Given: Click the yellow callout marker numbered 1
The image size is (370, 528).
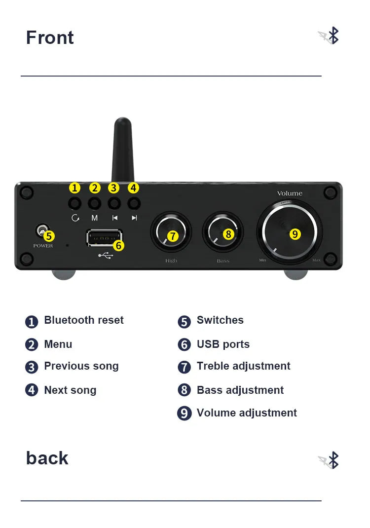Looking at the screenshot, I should pos(74,188).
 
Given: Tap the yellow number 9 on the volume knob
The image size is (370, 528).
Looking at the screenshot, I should pos(295,234).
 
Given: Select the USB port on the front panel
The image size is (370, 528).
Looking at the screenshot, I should pos(104,237).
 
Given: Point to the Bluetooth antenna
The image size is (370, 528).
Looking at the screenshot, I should pos(122,148).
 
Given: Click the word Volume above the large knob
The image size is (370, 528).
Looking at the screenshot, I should pos(290,193).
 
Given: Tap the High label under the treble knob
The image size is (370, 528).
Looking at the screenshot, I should pos(171,261).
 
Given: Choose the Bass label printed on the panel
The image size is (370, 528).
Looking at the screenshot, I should pos(223,261).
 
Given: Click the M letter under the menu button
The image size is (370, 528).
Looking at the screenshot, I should pos(95,218).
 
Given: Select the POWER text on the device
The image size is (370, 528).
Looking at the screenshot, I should pos(43,246).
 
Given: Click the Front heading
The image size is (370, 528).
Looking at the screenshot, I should pos(50,38).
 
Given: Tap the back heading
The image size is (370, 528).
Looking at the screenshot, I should pos(47,458).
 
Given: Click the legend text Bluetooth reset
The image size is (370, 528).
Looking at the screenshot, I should pos(84,320).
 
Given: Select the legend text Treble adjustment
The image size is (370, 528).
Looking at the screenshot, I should pos(243,366).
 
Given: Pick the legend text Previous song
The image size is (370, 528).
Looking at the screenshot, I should pos(81,366).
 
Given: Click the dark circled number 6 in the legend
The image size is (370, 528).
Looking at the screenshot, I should pos(184,344).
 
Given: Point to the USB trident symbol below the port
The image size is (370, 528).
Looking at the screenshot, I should pos(106,255).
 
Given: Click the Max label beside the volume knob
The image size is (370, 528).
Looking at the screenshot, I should pos(316,260).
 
